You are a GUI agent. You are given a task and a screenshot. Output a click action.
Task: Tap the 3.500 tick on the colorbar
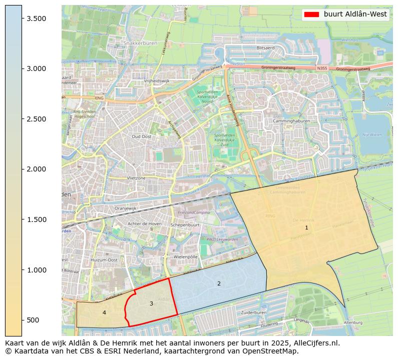tap(36, 18)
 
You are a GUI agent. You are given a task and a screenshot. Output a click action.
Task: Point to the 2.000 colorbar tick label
tap(36, 169)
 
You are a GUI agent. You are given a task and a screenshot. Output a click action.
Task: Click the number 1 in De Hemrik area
tap(306, 228)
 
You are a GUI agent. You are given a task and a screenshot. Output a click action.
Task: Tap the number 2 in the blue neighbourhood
tap(219, 284)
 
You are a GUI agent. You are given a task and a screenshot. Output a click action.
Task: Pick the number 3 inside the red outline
tap(151, 304)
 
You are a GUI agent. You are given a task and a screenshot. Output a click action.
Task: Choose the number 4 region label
tap(104, 313)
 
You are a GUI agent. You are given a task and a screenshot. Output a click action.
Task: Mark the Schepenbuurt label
tap(185, 225)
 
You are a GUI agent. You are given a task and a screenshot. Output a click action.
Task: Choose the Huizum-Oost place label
tap(104, 260)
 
